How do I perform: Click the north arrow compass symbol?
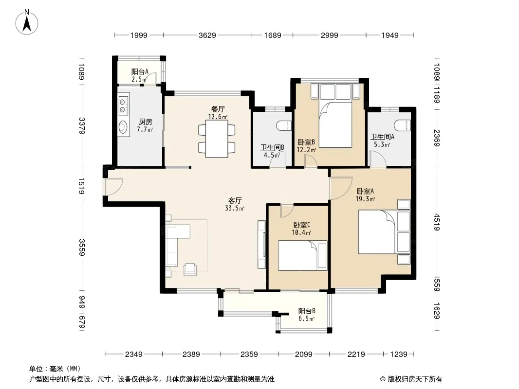pyautogui.click(x=27, y=22)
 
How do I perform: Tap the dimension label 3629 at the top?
pyautogui.click(x=207, y=35)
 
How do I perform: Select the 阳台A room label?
pyautogui.click(x=140, y=71)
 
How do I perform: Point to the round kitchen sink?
pyautogui.click(x=123, y=126)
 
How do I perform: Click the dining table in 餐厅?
pyautogui.click(x=217, y=139)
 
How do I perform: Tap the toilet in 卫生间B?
pyautogui.click(x=284, y=126)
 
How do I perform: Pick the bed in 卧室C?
pyautogui.click(x=302, y=255)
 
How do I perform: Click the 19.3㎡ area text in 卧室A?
pyautogui.click(x=365, y=199)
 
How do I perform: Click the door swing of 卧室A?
pyautogui.click(x=341, y=188)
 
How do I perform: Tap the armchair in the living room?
pyautogui.click(x=190, y=269)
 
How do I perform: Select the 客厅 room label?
pyautogui.click(x=235, y=200)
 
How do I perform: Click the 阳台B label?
pyautogui.click(x=307, y=311)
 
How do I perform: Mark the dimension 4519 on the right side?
pyautogui.click(x=437, y=222)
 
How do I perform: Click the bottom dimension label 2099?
pyautogui.click(x=303, y=354)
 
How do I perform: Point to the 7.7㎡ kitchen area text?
pyautogui.click(x=145, y=129)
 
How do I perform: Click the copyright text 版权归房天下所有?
pyautogui.click(x=415, y=379)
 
